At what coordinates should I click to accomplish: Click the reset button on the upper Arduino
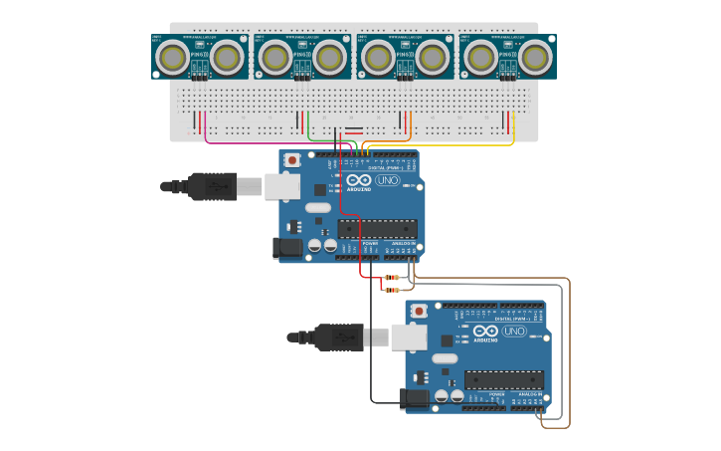pyautogui.click(x=292, y=159)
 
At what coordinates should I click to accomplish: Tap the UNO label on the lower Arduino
pyautogui.click(x=514, y=331)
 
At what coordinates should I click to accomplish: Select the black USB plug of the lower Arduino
pyautogui.click(x=338, y=338)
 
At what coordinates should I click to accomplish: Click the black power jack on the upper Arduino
pyautogui.click(x=287, y=248)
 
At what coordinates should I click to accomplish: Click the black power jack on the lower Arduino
pyautogui.click(x=414, y=399)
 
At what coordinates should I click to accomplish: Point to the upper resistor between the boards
pyautogui.click(x=391, y=277)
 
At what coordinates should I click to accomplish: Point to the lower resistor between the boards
pyautogui.click(x=391, y=290)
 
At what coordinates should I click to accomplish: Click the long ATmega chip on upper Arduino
pyautogui.click(x=377, y=228)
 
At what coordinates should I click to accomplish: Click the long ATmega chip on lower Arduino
pyautogui.click(x=504, y=379)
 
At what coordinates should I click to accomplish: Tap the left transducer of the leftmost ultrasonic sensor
pyautogui.click(x=173, y=58)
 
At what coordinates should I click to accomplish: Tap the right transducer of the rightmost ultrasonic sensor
pyautogui.click(x=535, y=58)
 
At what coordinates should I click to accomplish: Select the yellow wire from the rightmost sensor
pyautogui.click(x=448, y=145)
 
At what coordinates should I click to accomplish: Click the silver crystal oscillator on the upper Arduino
pyautogui.click(x=317, y=207)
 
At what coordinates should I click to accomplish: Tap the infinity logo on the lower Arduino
pyautogui.click(x=485, y=331)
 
